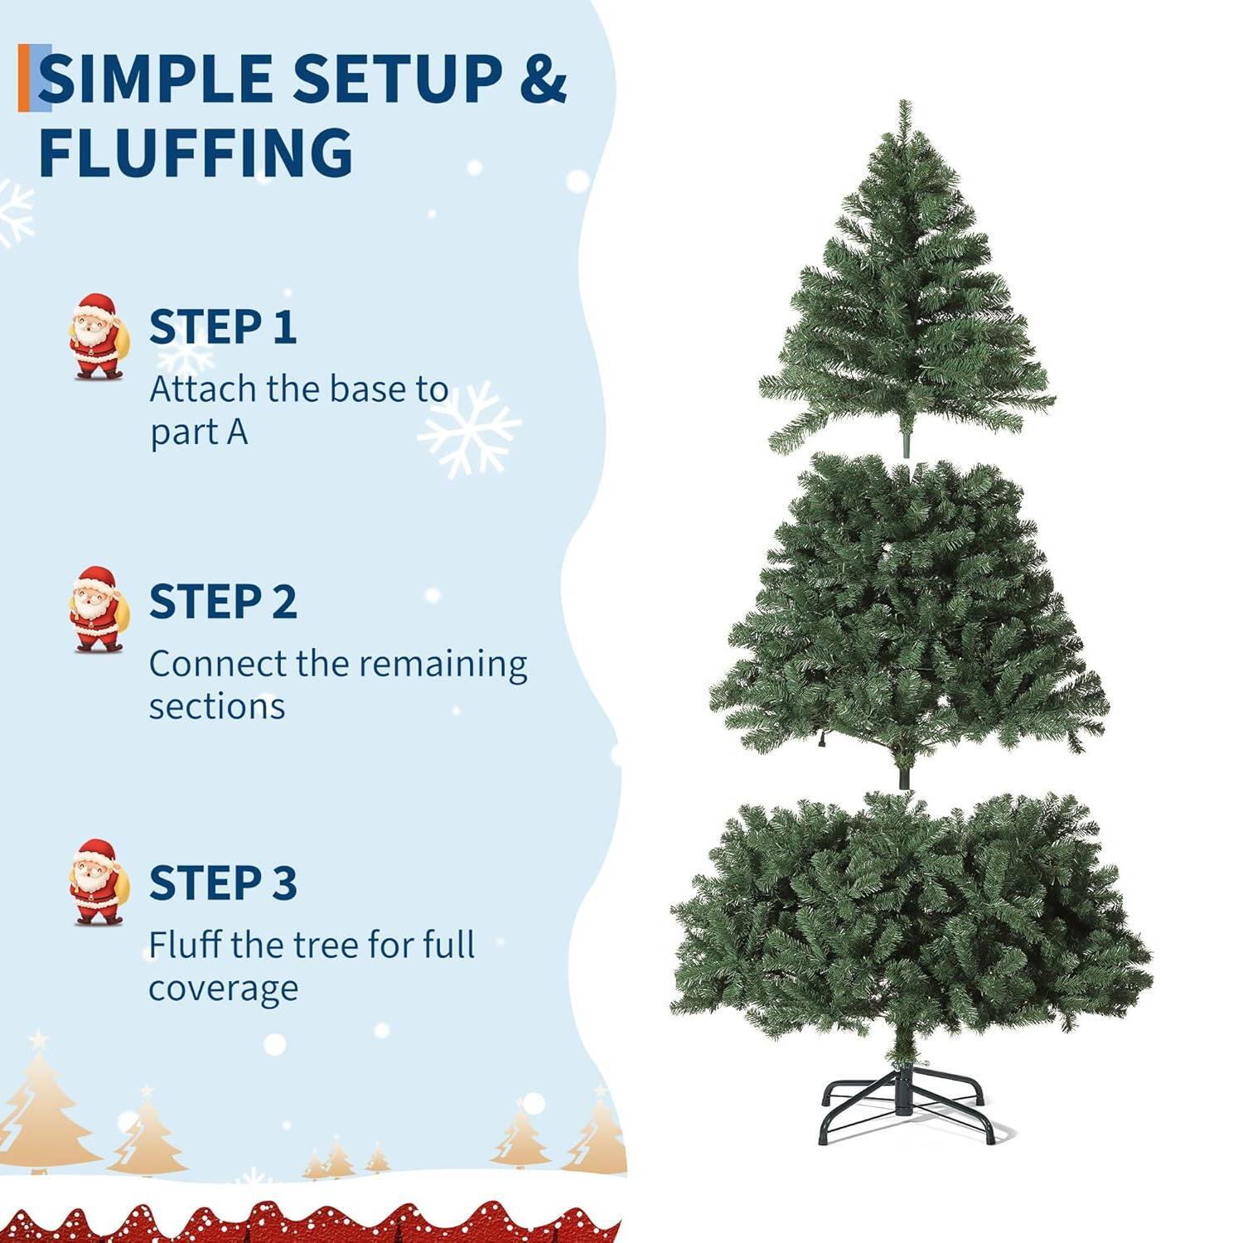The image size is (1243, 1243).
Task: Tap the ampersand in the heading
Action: (543, 79)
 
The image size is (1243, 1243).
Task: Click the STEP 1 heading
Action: (222, 326)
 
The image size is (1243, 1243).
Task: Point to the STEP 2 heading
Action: (222, 602)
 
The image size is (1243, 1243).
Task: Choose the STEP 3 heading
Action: (222, 883)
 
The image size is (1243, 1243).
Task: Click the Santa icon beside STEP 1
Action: (98, 336)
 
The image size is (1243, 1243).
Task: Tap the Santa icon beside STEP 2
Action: (98, 609)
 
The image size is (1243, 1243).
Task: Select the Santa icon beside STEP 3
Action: (98, 882)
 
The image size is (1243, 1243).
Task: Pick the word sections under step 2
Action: (217, 707)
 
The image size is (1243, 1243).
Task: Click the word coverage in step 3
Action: (223, 988)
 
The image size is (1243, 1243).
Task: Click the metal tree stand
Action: (907, 1102)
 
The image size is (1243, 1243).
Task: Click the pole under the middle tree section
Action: (904, 777)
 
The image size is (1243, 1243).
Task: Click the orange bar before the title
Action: (22, 78)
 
